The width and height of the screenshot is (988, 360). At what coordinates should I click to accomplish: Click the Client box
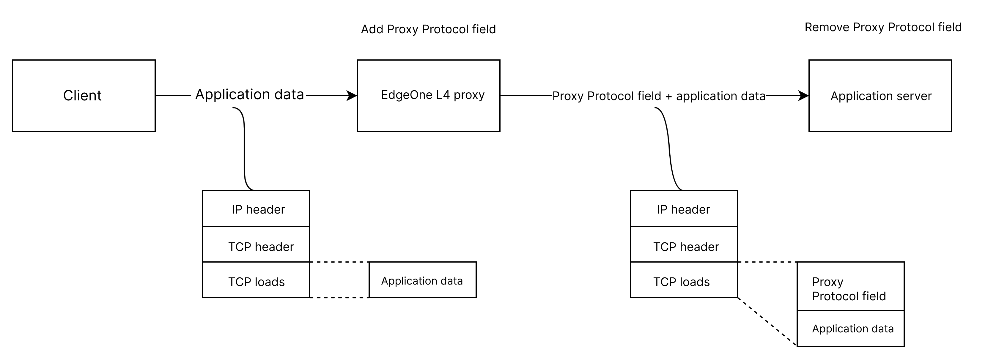(84, 95)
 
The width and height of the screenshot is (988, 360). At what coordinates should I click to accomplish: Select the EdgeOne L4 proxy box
(428, 95)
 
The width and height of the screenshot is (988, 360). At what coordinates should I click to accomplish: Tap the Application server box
(880, 95)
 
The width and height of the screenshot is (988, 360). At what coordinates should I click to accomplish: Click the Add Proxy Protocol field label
(424, 29)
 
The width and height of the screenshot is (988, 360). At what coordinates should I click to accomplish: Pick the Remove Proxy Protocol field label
(882, 27)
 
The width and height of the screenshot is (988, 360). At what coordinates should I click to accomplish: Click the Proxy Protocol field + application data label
(659, 96)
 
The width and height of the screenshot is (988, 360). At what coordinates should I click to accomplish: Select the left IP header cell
(256, 209)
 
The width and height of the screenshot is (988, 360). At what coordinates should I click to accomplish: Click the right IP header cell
(684, 209)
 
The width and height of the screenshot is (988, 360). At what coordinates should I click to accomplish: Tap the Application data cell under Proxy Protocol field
(850, 329)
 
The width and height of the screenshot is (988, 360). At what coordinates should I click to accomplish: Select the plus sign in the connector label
(668, 97)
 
